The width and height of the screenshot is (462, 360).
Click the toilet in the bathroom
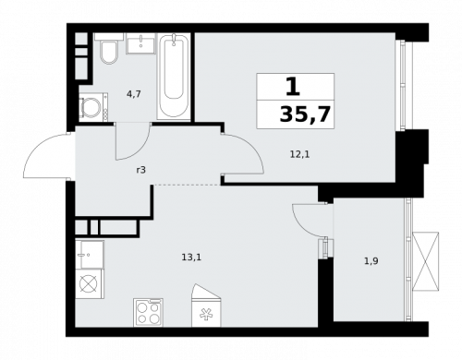[107, 52]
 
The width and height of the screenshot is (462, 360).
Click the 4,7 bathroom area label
[133, 93]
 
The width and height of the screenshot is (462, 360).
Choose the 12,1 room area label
[299, 154]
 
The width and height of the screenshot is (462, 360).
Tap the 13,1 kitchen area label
[191, 258]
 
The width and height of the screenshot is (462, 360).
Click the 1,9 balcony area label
[371, 261]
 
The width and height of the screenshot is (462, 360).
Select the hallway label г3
[140, 169]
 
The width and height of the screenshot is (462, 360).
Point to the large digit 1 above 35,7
[292, 87]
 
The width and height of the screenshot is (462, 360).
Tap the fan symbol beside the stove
[204, 312]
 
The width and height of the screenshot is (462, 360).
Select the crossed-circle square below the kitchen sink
[91, 284]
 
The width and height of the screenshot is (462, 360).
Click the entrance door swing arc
[46, 157]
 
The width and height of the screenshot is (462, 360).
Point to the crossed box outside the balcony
[426, 261]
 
